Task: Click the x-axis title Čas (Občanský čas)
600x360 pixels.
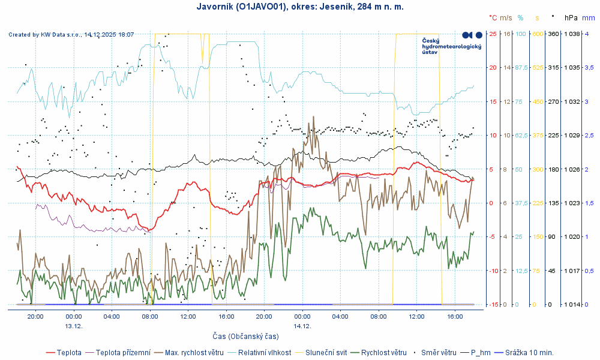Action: pos(245,336)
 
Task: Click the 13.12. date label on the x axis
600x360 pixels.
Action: pos(73,326)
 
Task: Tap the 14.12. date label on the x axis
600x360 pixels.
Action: pos(302,326)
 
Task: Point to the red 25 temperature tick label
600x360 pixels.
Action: pos(493,34)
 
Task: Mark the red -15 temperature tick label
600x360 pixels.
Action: pos(493,304)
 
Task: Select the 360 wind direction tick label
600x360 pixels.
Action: pos(553,34)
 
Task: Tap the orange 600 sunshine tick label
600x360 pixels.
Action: pos(537,34)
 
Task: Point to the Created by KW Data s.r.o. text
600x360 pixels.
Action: pos(71,35)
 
